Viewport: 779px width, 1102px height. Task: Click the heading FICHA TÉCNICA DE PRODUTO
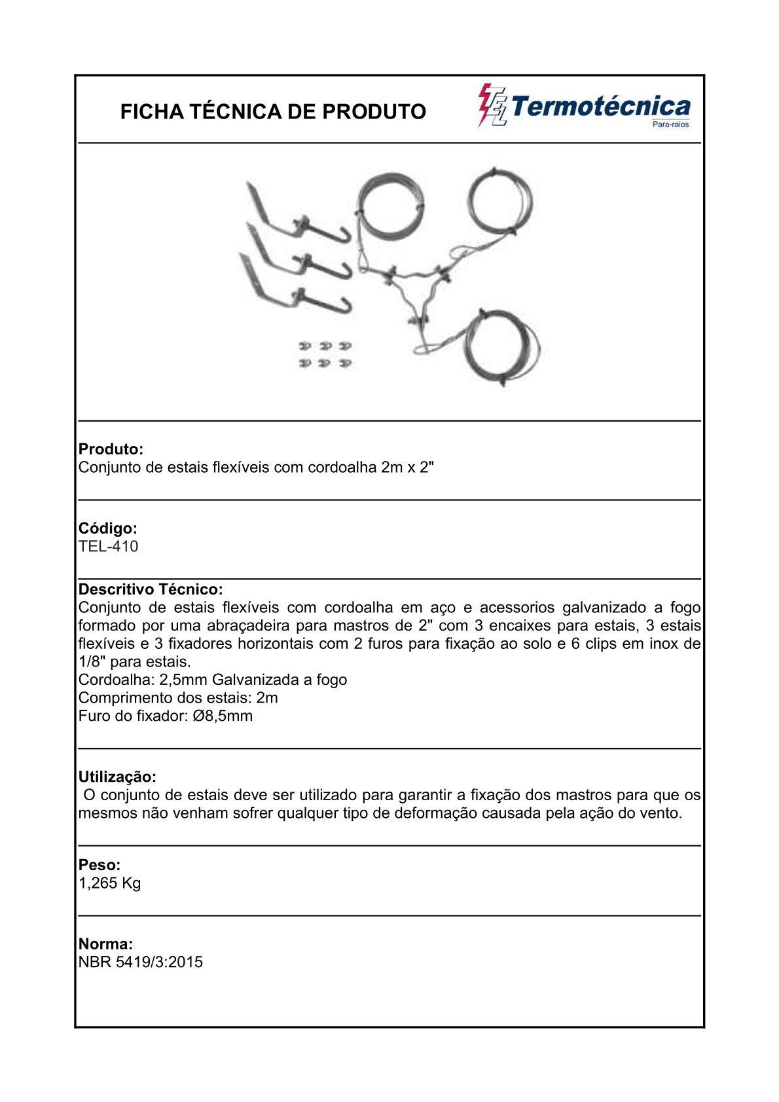(x=273, y=112)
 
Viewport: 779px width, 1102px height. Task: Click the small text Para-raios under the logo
(x=671, y=124)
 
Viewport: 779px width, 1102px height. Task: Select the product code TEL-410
(x=109, y=547)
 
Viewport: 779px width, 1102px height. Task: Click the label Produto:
(x=111, y=449)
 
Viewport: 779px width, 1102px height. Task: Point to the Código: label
(x=108, y=528)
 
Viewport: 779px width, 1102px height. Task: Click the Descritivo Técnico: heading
(x=151, y=589)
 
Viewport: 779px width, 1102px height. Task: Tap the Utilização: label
(x=117, y=777)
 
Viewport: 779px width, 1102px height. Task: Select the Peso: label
(x=100, y=865)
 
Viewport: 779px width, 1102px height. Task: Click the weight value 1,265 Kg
(x=110, y=883)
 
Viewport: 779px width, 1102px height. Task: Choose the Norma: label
(x=105, y=944)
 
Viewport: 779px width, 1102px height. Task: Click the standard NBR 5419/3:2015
(x=141, y=963)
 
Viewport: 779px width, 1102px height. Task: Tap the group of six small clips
(x=325, y=354)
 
